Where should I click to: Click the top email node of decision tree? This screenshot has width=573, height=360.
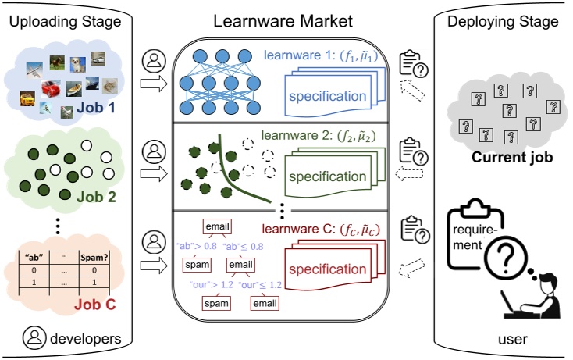tap(217, 227)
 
